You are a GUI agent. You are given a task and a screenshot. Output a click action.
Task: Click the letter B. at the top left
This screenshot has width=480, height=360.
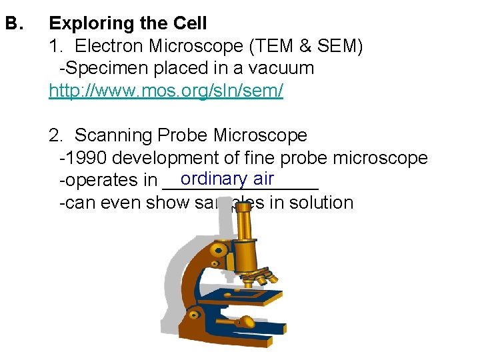point(14,24)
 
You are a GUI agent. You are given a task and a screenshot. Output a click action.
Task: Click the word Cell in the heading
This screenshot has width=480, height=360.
point(190,24)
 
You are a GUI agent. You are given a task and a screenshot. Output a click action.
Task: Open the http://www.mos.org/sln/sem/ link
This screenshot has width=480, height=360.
point(166,91)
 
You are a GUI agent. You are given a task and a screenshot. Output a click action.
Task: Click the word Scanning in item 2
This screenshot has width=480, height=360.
point(114,136)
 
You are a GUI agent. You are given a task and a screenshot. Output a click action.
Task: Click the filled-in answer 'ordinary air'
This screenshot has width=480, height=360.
point(227,179)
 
